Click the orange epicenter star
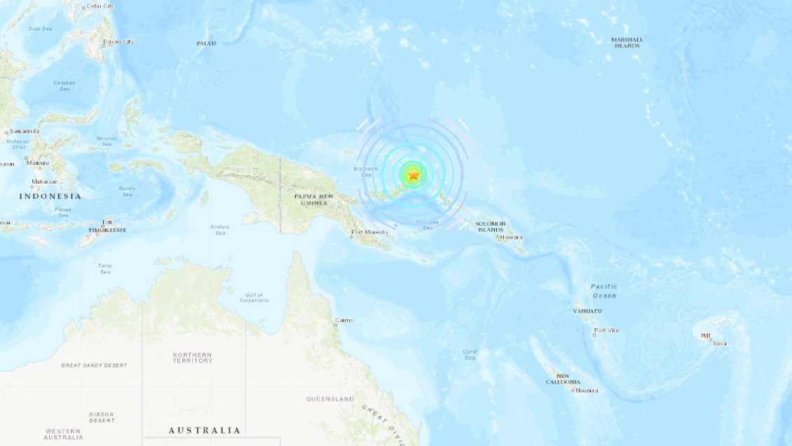[x=414, y=175]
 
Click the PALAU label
[x=206, y=43]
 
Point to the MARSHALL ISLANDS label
[x=627, y=43]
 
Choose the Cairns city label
[x=344, y=320]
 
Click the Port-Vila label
[x=608, y=330]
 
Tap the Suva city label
[x=720, y=343]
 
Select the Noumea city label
[x=587, y=390]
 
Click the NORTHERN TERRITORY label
[x=192, y=358]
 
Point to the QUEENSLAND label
[x=330, y=399]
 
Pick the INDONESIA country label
[x=50, y=196]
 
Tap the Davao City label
[x=118, y=41]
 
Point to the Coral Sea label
[x=470, y=355]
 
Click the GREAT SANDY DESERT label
[x=95, y=365]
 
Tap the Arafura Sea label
[x=219, y=229]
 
